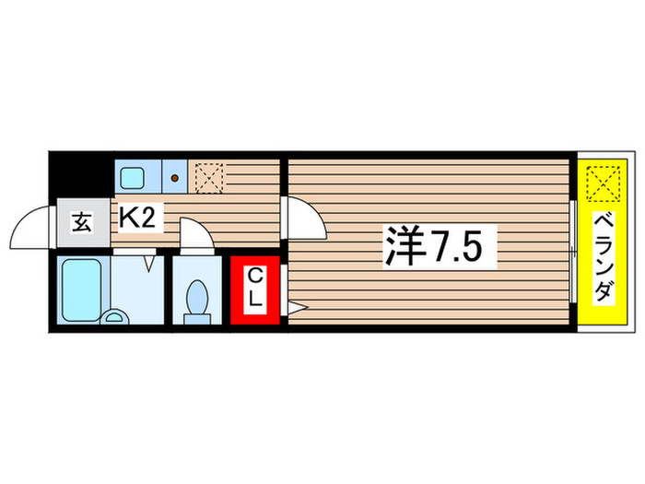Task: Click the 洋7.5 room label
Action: pos(432,245)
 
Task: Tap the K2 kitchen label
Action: pos(140,218)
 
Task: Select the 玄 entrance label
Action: pos(82,223)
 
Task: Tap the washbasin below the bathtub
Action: pos(114,316)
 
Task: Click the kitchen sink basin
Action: pos(131,175)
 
